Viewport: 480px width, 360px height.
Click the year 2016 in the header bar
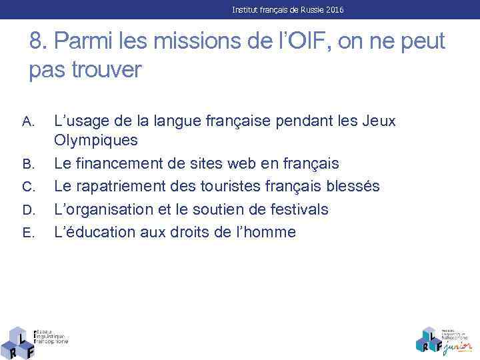click(334, 10)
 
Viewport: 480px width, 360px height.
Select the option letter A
click(27, 122)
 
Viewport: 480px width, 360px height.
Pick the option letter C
click(27, 187)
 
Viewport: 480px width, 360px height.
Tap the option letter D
click(27, 211)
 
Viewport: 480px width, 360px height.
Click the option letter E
click(27, 233)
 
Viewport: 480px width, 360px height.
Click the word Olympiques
click(96, 141)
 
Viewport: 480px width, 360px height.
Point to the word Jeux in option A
click(379, 121)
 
